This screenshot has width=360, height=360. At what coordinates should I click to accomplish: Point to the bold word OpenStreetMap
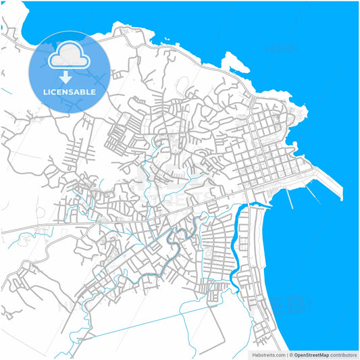tap(311, 354)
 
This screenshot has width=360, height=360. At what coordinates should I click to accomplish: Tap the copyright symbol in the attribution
tap(291, 354)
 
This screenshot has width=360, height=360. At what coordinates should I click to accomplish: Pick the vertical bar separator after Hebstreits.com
tap(286, 354)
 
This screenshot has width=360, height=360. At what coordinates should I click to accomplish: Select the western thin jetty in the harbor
tap(291, 197)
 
